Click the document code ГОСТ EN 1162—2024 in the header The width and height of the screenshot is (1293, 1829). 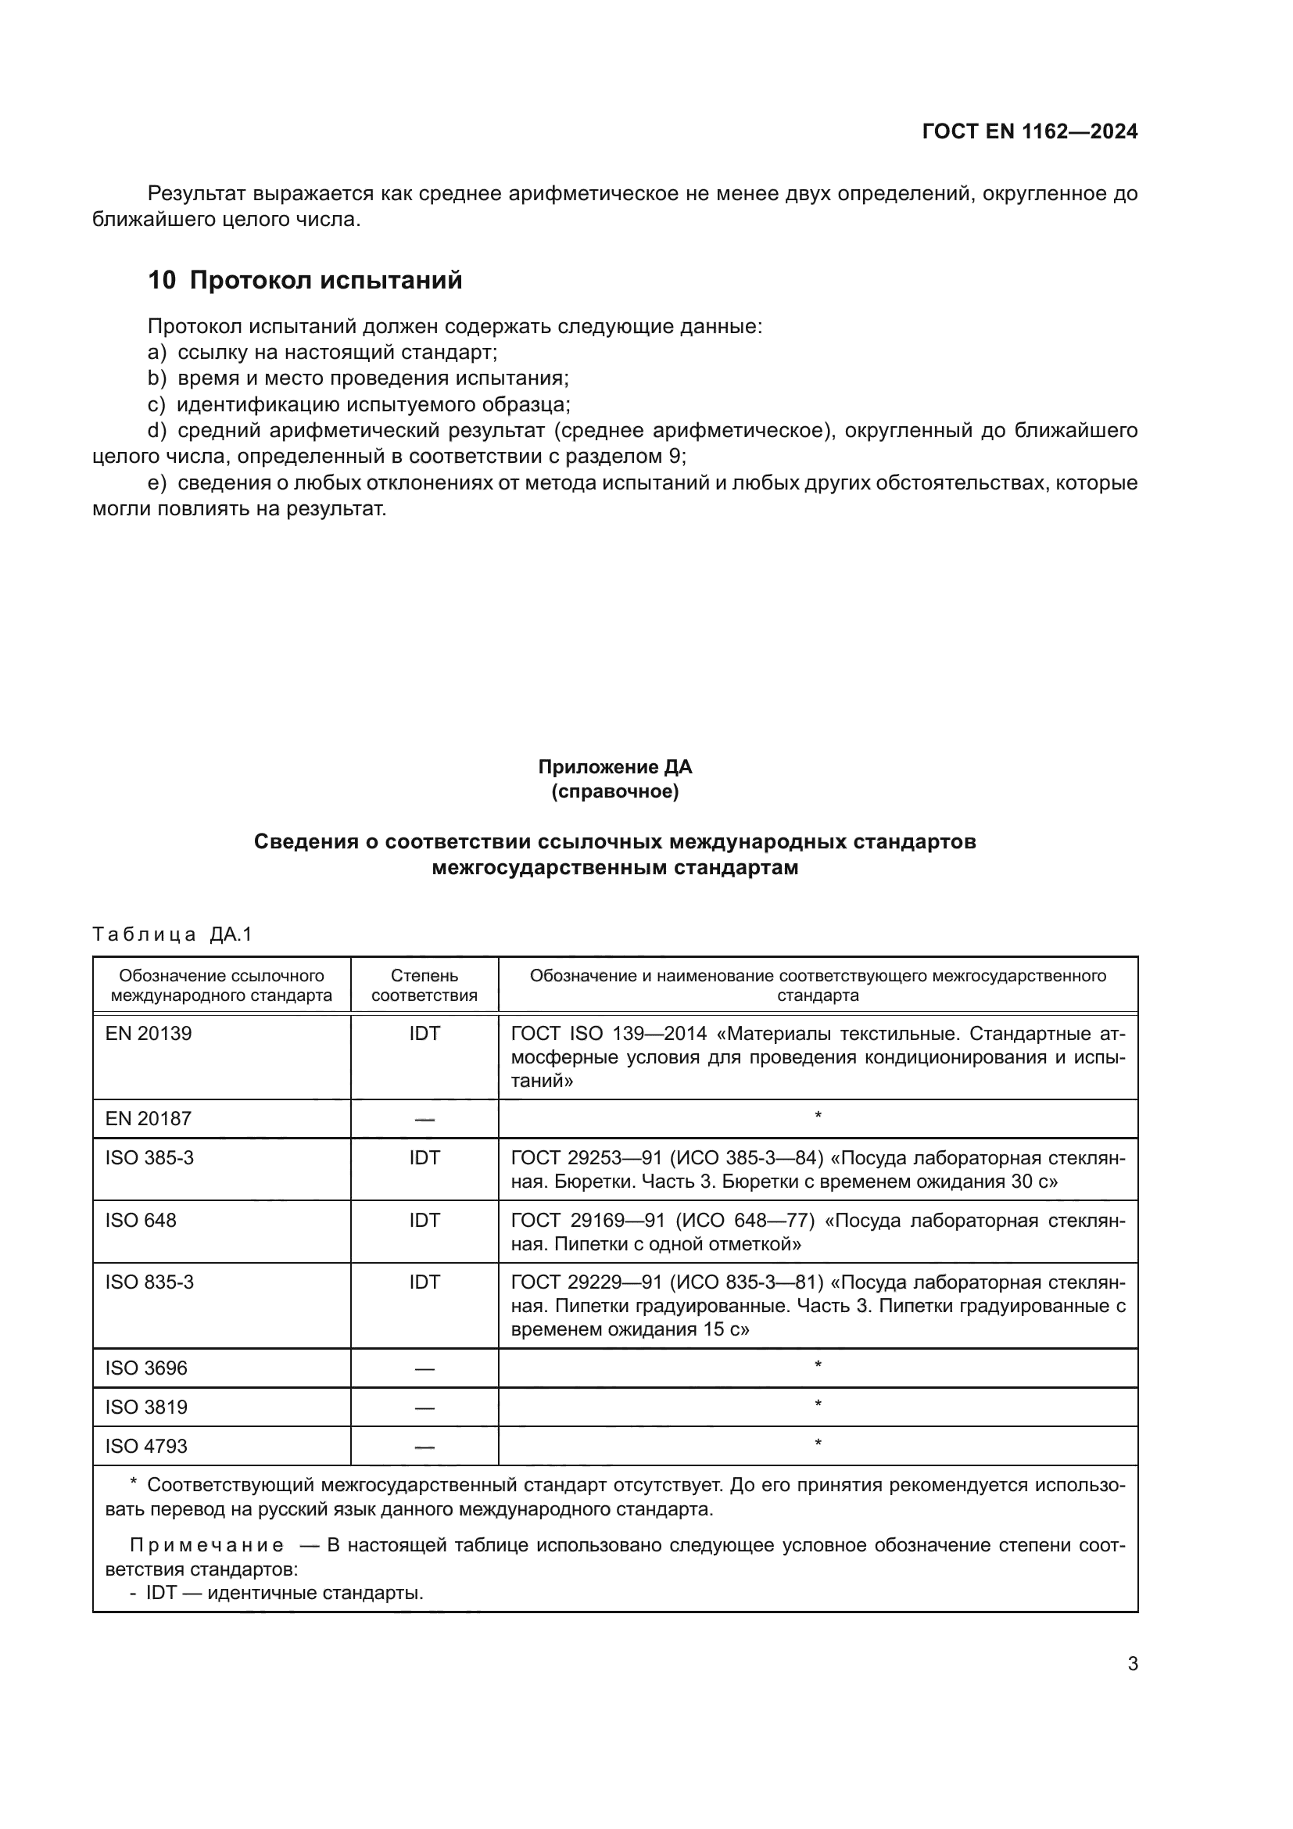tap(1030, 131)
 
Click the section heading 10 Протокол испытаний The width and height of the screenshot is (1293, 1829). tap(305, 281)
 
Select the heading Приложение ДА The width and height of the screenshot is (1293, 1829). tap(614, 767)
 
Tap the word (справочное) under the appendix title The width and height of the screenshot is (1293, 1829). tap(614, 792)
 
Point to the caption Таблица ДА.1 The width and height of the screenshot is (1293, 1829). tap(172, 934)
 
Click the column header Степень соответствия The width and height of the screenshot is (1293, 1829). tap(424, 985)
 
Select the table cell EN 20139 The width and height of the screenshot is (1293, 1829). tap(149, 1034)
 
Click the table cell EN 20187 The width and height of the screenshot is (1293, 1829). tap(149, 1119)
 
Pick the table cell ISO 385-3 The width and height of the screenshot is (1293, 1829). tap(149, 1158)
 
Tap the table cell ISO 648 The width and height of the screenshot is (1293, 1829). tap(141, 1221)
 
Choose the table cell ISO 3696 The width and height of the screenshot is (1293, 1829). tap(146, 1368)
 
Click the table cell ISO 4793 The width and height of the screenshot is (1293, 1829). tap(146, 1447)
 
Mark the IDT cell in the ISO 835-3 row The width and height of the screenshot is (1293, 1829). tap(424, 1282)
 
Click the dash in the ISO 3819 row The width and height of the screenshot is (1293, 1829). tap(424, 1408)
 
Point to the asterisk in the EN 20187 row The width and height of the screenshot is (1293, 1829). tap(818, 1117)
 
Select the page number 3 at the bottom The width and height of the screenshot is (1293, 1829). tap(1132, 1664)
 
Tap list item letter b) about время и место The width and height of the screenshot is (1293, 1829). tap(157, 378)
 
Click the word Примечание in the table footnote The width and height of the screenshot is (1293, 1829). tap(207, 1546)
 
